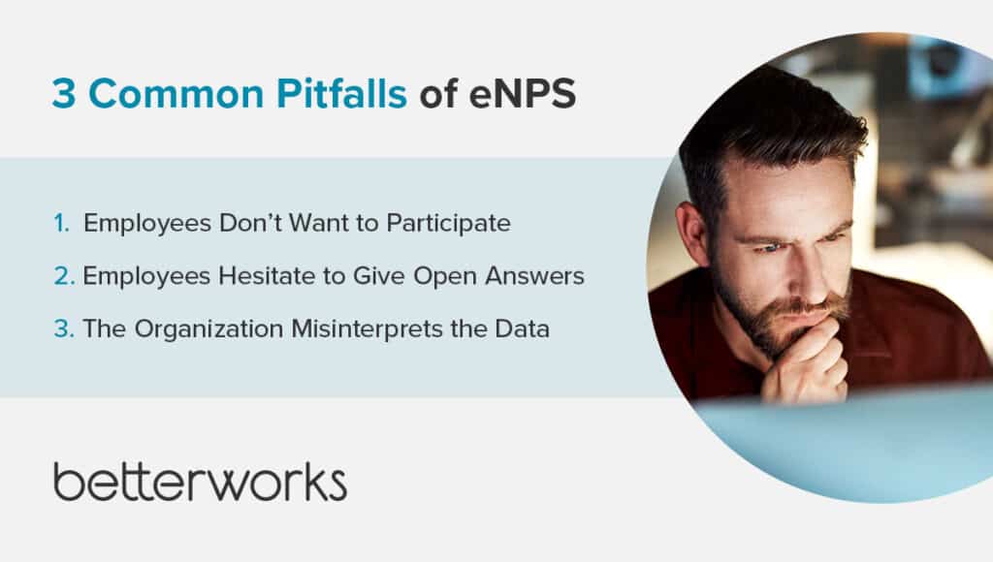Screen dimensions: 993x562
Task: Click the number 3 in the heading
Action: point(64,94)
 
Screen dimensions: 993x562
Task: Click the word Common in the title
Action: point(176,94)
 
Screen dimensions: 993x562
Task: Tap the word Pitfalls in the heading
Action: point(341,93)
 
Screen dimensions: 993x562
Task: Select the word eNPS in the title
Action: point(523,94)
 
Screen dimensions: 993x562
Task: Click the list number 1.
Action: point(62,224)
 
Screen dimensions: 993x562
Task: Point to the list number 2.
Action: point(64,276)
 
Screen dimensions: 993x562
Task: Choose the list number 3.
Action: point(64,329)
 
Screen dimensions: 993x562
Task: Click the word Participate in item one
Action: point(448,224)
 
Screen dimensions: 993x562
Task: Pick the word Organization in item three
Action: point(208,329)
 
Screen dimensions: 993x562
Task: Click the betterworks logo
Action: point(200,482)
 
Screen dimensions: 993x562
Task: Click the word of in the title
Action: point(437,94)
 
